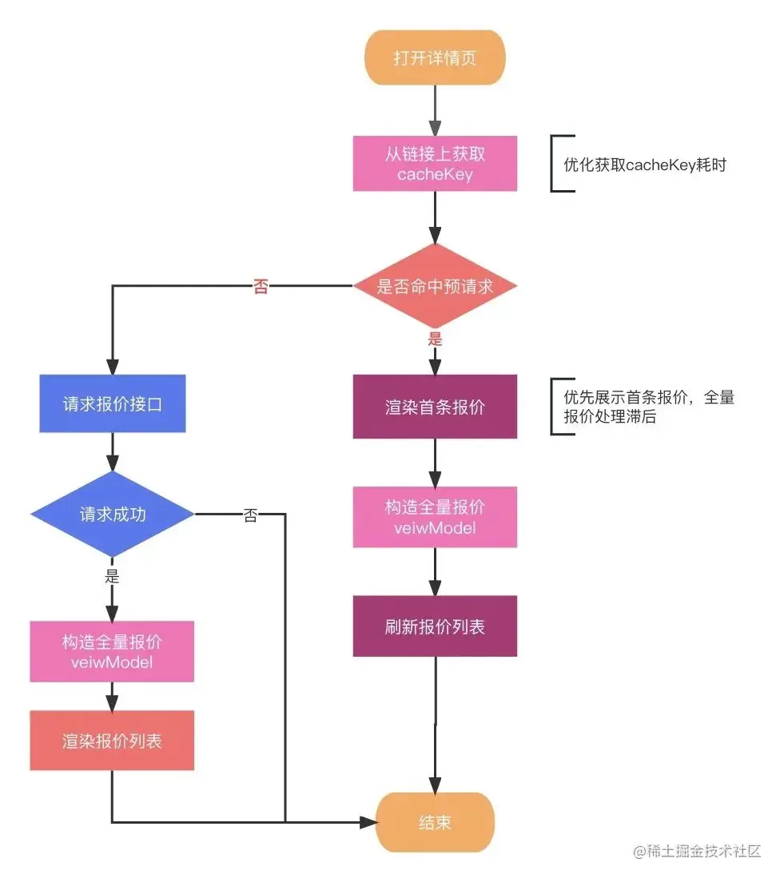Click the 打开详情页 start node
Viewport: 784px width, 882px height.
(435, 58)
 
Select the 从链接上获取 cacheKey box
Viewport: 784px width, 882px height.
(435, 164)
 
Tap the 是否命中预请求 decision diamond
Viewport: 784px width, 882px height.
(435, 286)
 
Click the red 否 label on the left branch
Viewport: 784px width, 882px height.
(261, 288)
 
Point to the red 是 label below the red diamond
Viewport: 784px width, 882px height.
(435, 339)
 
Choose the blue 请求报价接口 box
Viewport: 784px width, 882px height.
(113, 403)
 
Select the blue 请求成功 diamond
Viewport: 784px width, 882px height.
(113, 514)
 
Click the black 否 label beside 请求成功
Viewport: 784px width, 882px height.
(250, 516)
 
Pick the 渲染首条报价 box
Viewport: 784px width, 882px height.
(435, 407)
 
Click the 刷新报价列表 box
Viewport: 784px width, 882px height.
(435, 626)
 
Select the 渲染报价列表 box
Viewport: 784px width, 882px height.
(113, 741)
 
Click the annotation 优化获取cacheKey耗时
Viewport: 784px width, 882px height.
(644, 165)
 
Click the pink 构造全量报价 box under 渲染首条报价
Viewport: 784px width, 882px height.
(435, 517)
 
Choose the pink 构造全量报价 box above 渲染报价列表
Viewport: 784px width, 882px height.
(113, 652)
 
